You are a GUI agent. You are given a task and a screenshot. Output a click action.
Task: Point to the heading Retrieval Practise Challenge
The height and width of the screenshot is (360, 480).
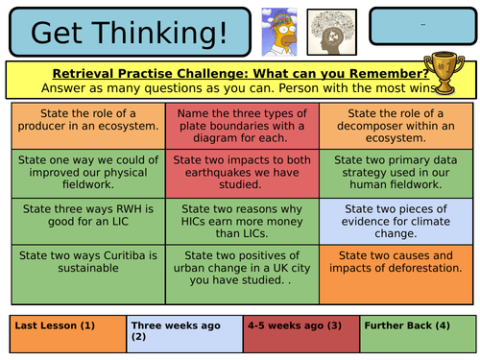(240, 73)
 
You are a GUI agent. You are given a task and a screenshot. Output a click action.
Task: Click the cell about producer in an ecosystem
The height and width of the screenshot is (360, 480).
(87, 125)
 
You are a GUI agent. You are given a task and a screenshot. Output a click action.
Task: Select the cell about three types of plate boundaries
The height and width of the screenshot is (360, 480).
(239, 125)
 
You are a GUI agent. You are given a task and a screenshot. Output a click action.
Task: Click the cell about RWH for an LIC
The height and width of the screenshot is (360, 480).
(87, 220)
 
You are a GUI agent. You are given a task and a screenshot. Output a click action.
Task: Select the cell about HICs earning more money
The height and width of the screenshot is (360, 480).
(239, 220)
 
